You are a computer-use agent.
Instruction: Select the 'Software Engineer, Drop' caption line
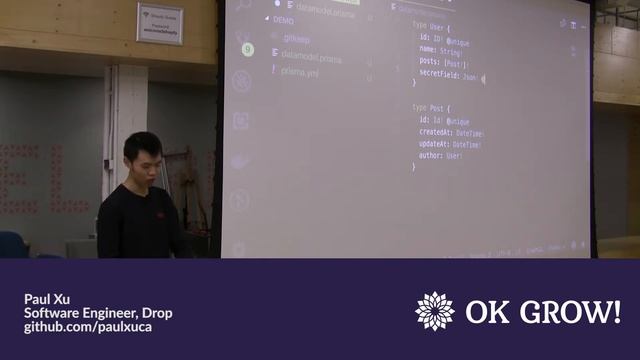pos(98,313)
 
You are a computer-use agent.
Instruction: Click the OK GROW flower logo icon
pos(435,311)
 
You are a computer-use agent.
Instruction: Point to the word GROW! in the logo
pos(571,312)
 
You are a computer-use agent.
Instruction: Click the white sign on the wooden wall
pos(159,23)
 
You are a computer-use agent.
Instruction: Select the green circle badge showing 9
pos(247,49)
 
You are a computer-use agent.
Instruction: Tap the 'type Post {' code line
pos(433,107)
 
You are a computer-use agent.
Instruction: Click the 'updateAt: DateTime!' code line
pos(450,145)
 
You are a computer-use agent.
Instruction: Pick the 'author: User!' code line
pos(440,157)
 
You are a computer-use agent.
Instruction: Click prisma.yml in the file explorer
pos(300,71)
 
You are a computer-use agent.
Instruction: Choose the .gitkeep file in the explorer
pos(295,38)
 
